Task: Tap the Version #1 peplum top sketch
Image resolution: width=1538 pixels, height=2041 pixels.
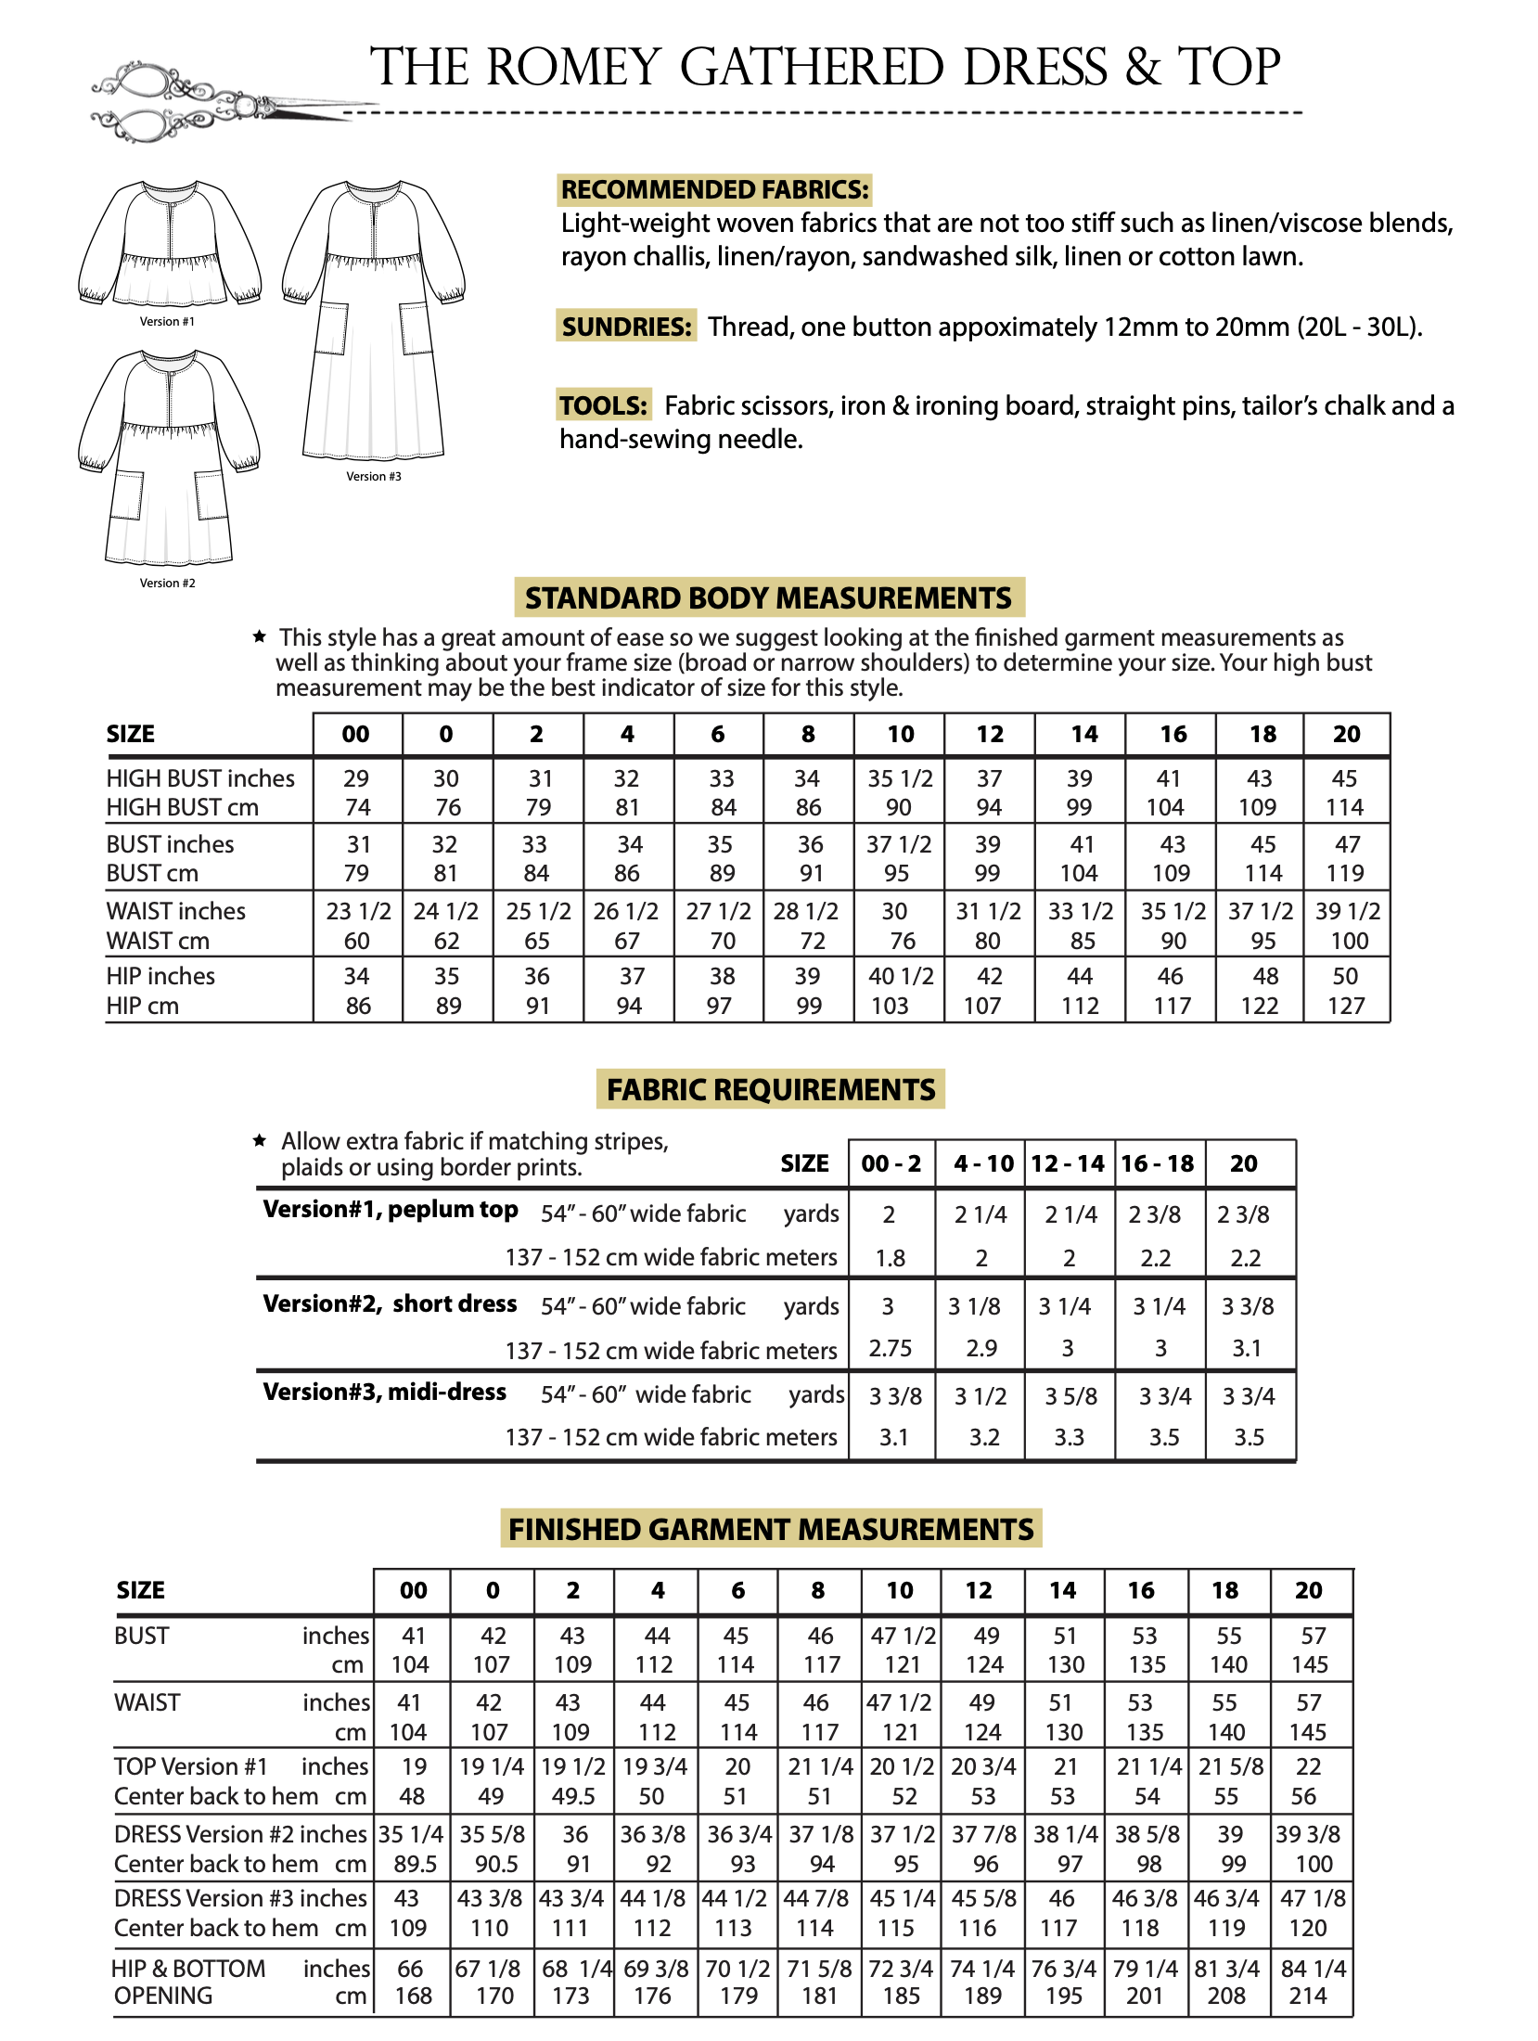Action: [169, 243]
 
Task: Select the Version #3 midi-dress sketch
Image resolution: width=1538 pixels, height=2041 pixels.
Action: [373, 320]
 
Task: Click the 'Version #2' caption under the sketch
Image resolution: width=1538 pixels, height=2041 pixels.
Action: [167, 584]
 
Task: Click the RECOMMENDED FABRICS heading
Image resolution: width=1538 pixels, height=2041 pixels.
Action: [714, 190]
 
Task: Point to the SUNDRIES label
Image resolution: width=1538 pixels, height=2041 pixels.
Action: [626, 327]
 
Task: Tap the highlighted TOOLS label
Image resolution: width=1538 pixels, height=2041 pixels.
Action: [603, 405]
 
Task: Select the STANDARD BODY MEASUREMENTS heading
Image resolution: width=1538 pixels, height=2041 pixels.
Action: [769, 598]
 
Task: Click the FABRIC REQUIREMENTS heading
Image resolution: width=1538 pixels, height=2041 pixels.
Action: [770, 1089]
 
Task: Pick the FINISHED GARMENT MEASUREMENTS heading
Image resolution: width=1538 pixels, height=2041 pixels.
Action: [771, 1529]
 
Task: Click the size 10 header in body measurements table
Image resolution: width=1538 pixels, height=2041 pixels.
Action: [900, 735]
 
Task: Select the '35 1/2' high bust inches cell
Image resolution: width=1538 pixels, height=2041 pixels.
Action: [900, 778]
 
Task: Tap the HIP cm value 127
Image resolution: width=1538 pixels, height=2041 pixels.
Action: [1346, 1006]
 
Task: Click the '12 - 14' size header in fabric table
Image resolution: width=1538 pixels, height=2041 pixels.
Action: [1068, 1164]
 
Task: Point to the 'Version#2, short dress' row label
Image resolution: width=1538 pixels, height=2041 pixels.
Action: [390, 1303]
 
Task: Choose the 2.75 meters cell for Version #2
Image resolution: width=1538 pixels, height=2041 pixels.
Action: [891, 1348]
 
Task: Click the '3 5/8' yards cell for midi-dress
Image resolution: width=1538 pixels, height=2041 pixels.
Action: [1070, 1396]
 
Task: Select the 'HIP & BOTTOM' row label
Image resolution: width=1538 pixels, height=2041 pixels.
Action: [188, 1969]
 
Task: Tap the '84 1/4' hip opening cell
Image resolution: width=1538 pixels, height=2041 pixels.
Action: [1312, 1969]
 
